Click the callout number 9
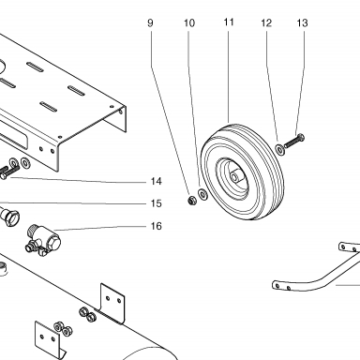coord(150,22)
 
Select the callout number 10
coord(189,22)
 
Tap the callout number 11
coord(229,22)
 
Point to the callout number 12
coord(266,22)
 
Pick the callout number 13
coord(302,22)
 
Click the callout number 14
coord(157,181)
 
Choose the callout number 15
coord(157,203)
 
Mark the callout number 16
coord(157,226)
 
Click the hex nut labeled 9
coord(192,200)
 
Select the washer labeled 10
coord(203,194)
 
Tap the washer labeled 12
coord(280,149)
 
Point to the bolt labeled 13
coord(293,142)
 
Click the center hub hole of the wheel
coord(233,177)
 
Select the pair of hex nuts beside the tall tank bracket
coord(87,314)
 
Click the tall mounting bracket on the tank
coord(112,303)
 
